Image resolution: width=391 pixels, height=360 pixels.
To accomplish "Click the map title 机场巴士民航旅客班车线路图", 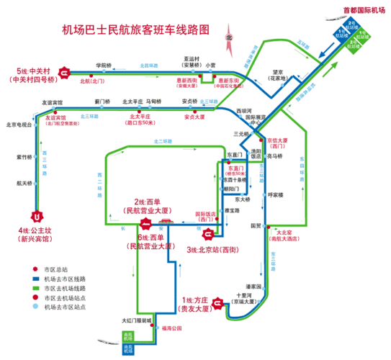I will (x=136, y=30).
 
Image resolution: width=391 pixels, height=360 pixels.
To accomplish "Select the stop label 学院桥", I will (x=104, y=66).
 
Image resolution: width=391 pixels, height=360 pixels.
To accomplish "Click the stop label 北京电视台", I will (x=19, y=125).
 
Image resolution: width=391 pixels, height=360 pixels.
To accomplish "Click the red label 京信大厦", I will (x=277, y=140).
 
